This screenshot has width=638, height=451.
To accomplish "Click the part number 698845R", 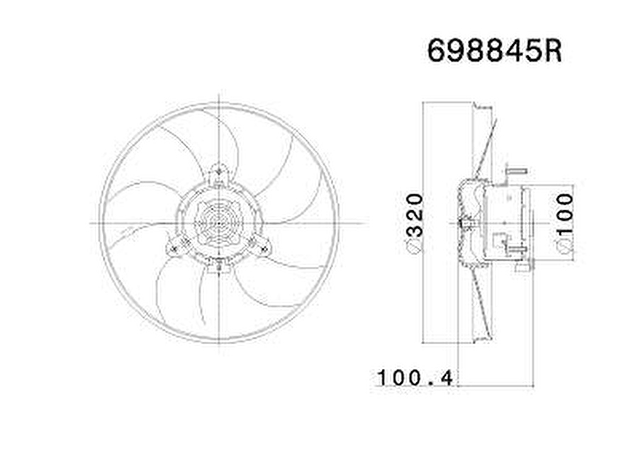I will click(x=494, y=51).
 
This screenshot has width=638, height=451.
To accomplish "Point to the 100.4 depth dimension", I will click(x=415, y=377).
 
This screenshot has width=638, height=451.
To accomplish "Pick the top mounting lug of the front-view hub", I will click(x=220, y=173).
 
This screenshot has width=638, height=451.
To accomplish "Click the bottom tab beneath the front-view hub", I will click(x=219, y=266).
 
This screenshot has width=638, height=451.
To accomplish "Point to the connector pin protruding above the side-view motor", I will click(x=517, y=171).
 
